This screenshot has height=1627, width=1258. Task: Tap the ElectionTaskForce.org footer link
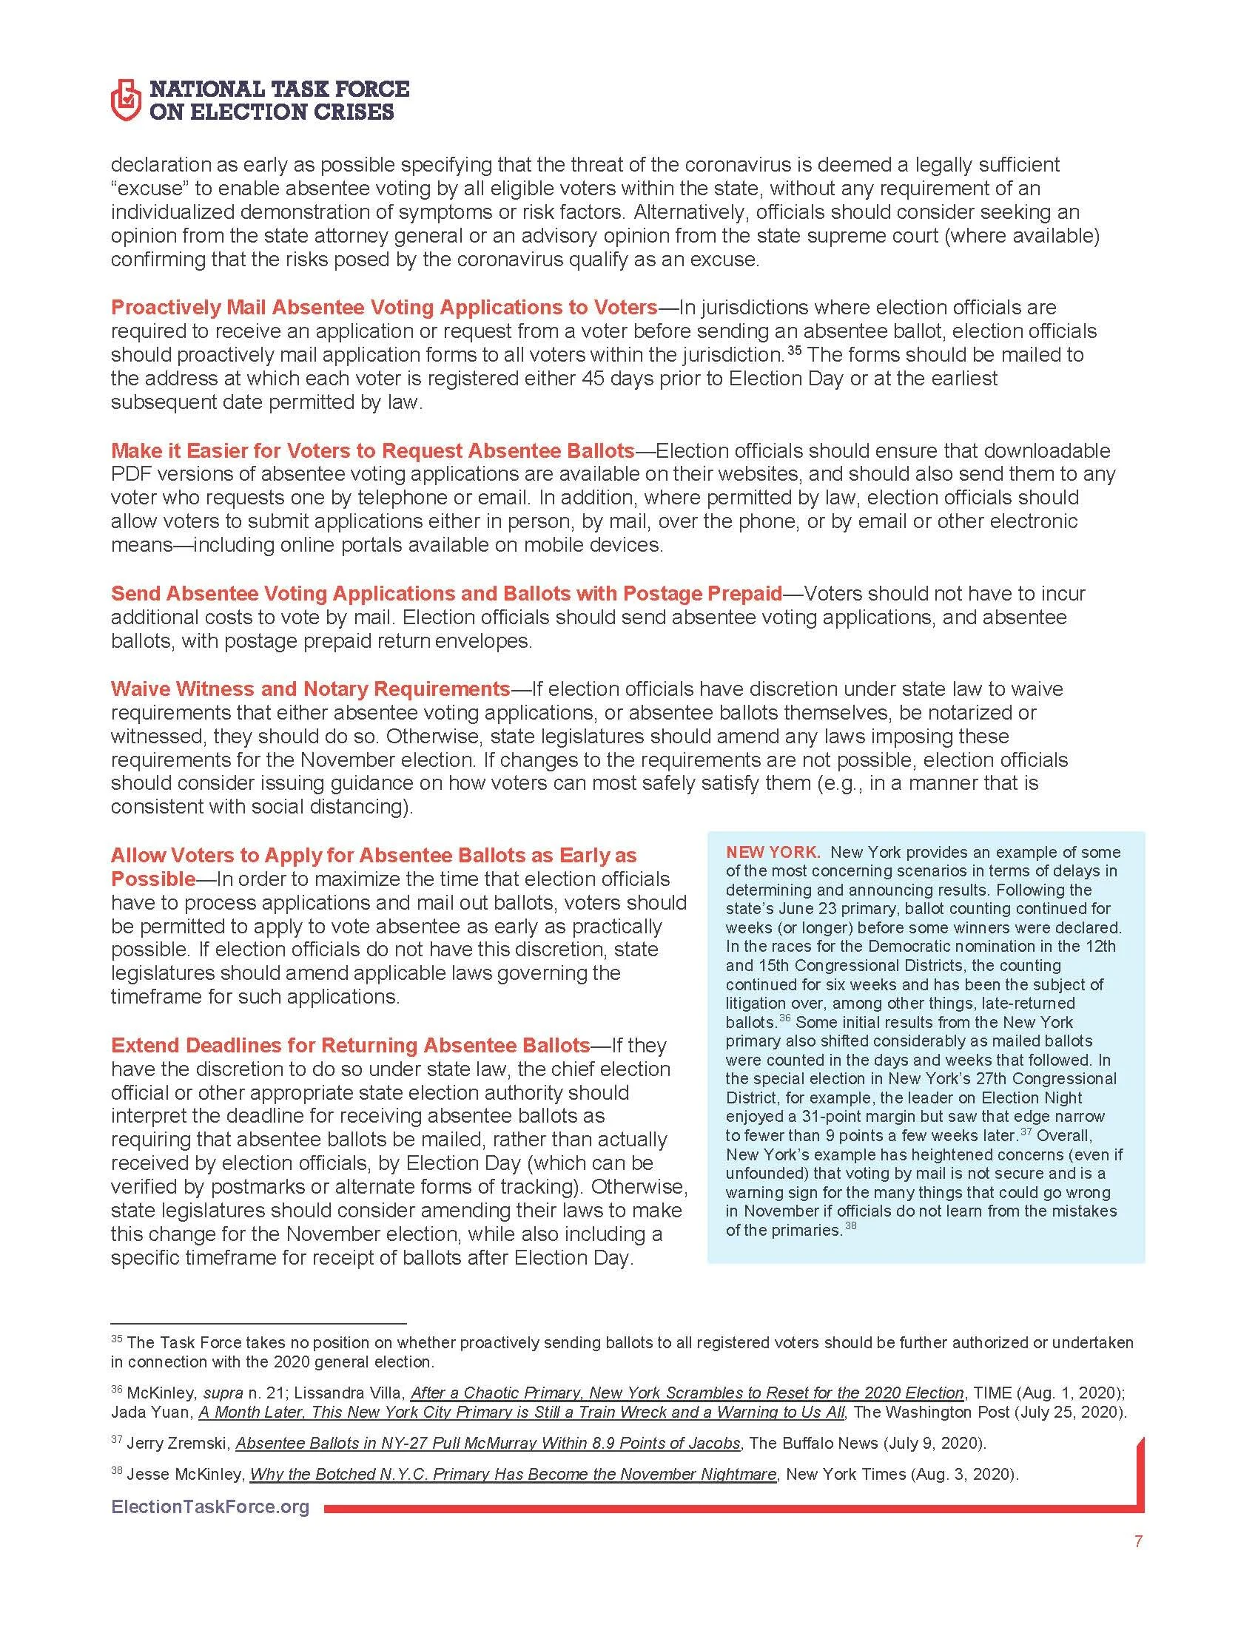click(209, 1507)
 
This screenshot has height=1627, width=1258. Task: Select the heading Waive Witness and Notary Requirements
click(310, 689)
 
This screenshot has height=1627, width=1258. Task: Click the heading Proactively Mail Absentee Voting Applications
click(384, 307)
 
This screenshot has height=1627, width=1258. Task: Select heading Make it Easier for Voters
click(372, 450)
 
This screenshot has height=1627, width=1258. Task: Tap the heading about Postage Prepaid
click(445, 593)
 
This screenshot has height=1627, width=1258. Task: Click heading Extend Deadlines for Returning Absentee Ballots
click(350, 1045)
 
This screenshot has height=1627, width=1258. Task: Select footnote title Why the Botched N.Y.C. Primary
click(513, 1474)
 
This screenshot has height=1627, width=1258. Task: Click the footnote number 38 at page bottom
click(116, 1471)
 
